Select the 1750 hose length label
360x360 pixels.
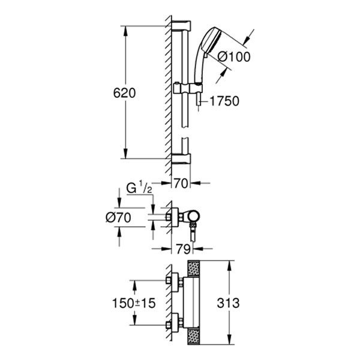pos(224,101)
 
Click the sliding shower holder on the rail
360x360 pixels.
pos(186,89)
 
